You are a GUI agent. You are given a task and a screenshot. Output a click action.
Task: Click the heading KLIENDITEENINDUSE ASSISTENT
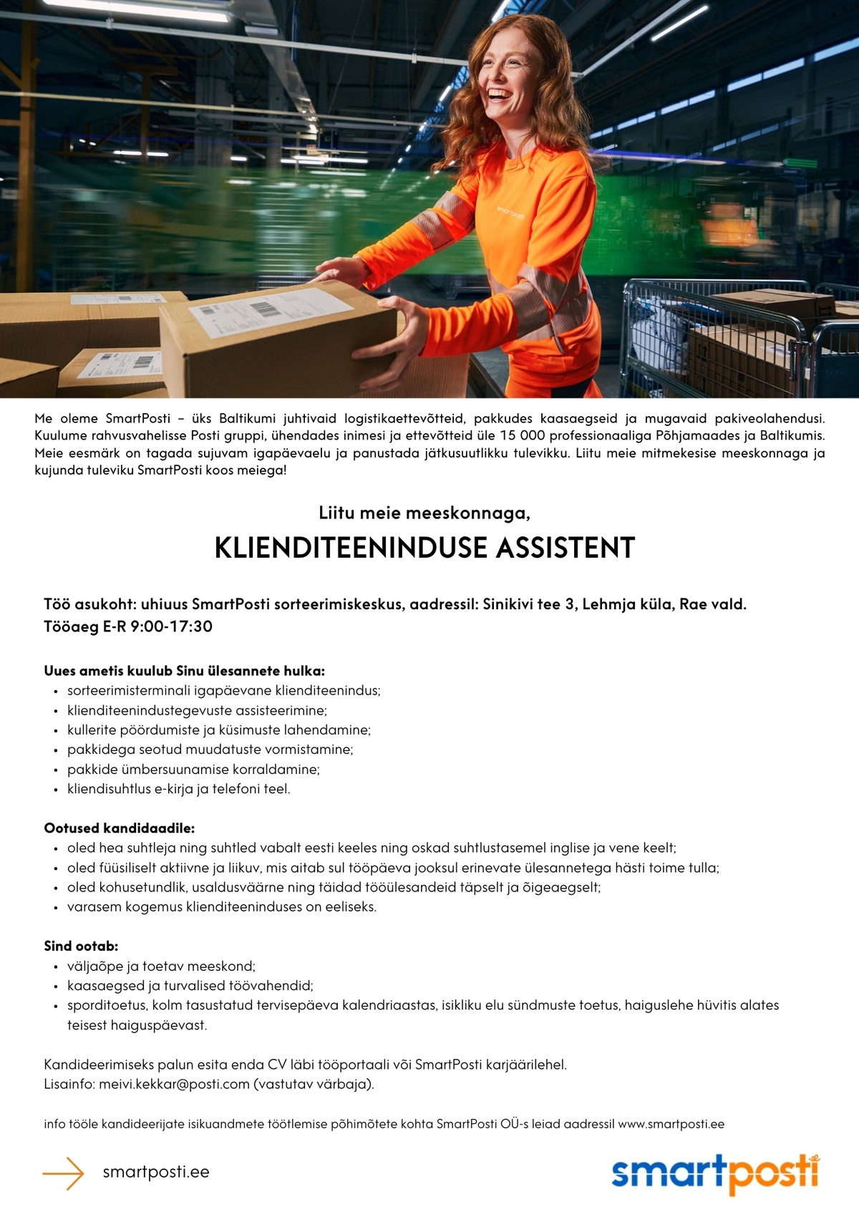coord(424,548)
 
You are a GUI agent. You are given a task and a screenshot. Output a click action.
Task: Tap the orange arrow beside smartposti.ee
coord(64,1173)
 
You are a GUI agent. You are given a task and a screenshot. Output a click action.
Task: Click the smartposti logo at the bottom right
coord(715,1173)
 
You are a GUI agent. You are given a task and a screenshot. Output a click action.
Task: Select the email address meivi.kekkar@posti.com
coord(174,1084)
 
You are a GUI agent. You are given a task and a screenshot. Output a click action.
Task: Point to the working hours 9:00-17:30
coord(171,626)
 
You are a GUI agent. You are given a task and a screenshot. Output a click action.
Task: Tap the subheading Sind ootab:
coord(81,946)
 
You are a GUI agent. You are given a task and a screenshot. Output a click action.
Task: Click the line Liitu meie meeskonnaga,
coord(424,513)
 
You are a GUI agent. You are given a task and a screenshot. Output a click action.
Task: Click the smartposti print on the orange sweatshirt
coord(510,213)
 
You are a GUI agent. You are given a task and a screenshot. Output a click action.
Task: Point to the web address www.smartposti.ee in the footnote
coord(671,1124)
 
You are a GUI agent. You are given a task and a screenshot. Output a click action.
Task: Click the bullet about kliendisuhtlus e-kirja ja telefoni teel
coord(178,789)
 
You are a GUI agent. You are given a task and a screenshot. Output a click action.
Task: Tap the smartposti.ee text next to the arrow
coord(156,1173)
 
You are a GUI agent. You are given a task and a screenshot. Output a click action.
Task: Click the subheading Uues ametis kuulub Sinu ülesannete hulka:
coord(184,671)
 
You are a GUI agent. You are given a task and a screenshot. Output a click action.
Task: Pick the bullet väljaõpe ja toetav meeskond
coord(161,966)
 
